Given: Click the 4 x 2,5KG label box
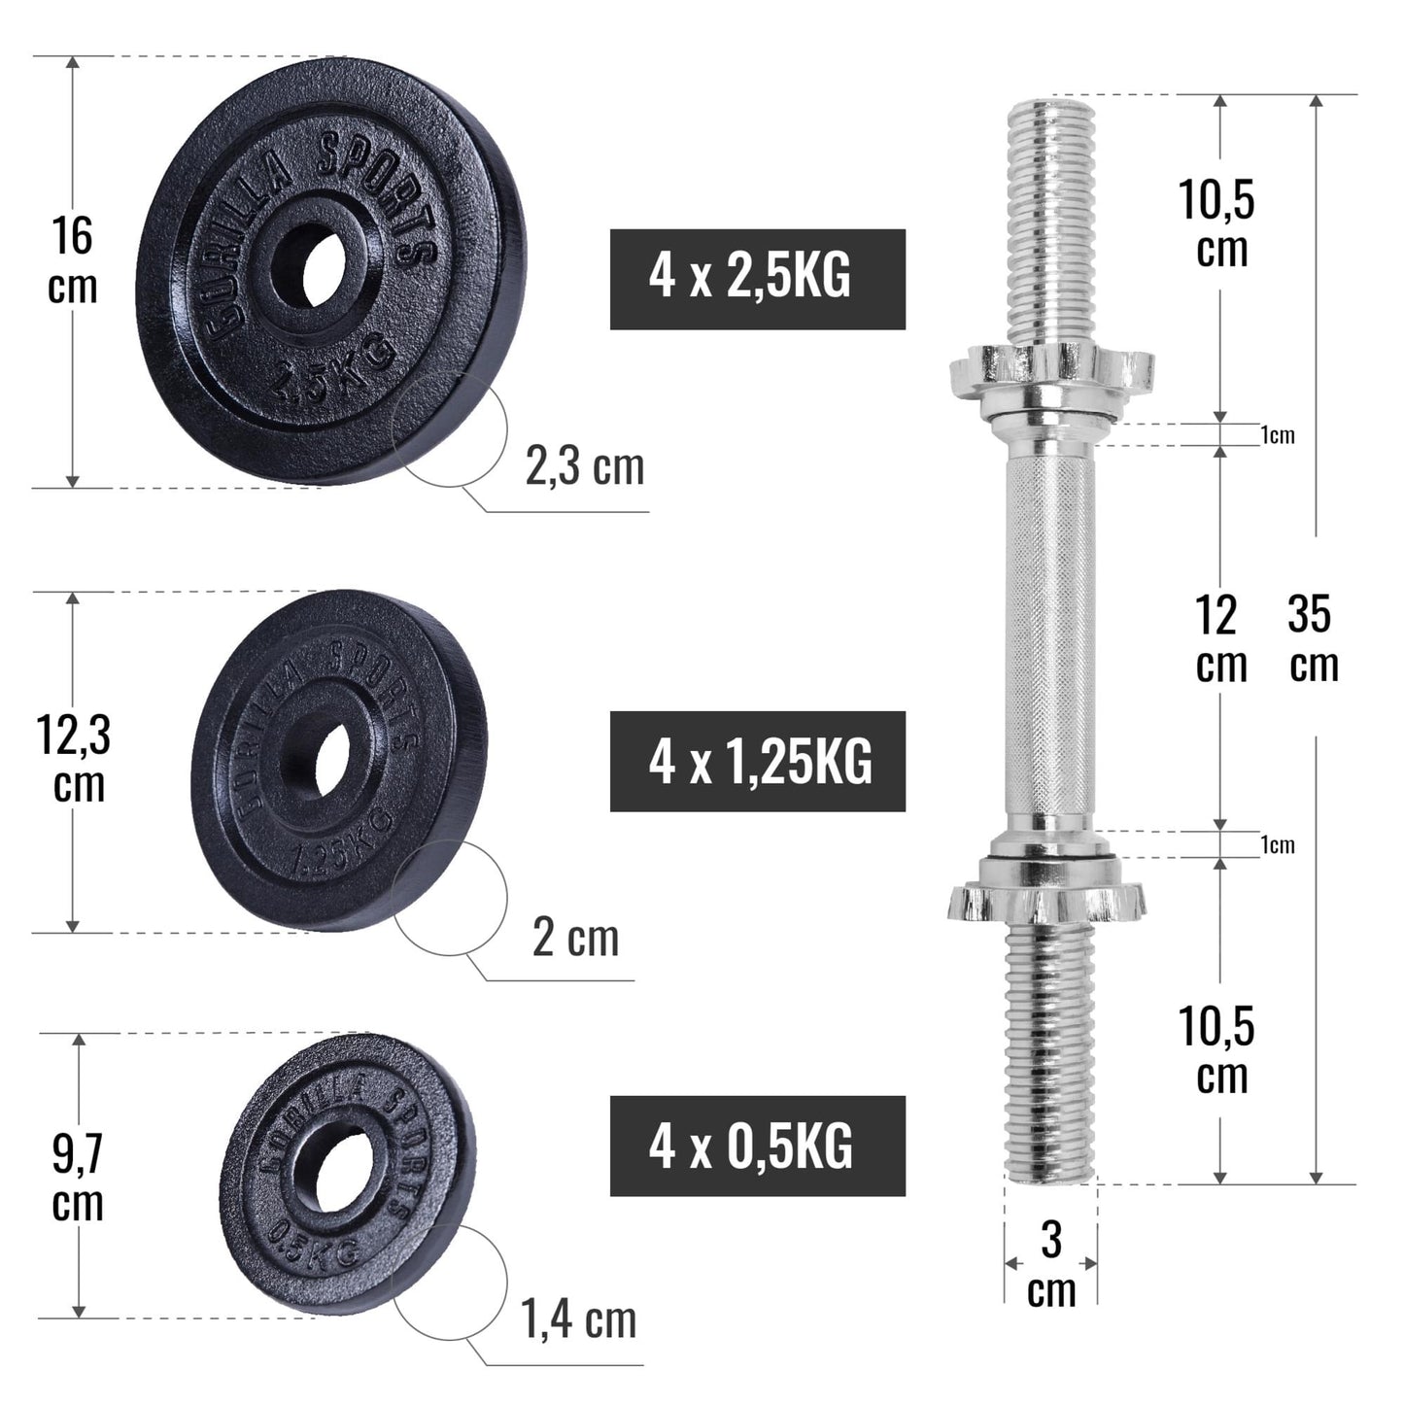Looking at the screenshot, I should pos(757,279).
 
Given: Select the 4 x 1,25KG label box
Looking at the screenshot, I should pos(757,761).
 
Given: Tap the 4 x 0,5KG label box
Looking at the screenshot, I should pos(757,1146).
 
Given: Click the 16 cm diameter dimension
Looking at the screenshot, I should pos(73,261).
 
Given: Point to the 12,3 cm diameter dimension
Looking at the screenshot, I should pos(75,759).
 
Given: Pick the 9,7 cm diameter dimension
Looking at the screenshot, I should pos(78,1178).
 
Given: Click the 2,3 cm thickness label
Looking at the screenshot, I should pos(584,466).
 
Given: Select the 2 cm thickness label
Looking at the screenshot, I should pos(575,938).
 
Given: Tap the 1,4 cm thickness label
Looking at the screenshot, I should pos(579,1319).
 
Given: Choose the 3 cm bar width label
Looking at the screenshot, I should pos(1050,1264).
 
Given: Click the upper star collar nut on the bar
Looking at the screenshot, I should pos(1050,370).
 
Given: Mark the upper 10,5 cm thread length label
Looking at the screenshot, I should pos(1218,223).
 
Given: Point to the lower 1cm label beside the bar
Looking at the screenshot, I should pos(1278,845).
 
